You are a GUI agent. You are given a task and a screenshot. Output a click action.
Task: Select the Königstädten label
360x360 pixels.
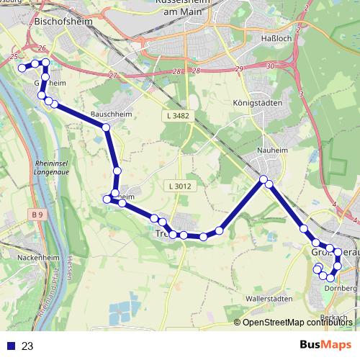(x=257, y=103)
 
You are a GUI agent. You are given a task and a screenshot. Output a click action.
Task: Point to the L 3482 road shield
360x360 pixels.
(x=176, y=115)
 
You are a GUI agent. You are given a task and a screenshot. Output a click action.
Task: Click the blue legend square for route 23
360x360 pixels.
(x=11, y=346)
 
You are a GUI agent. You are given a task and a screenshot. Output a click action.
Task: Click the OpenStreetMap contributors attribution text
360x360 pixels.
(x=297, y=322)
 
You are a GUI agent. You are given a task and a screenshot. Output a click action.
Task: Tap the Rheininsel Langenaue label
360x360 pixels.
(x=53, y=168)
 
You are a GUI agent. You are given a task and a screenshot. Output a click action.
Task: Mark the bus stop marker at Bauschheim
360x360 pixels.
(x=107, y=127)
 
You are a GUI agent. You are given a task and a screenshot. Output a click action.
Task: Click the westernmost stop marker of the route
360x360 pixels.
(x=22, y=68)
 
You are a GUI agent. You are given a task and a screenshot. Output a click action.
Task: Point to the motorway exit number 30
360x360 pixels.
(x=271, y=66)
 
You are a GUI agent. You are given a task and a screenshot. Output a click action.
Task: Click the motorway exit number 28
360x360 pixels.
(x=176, y=71)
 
